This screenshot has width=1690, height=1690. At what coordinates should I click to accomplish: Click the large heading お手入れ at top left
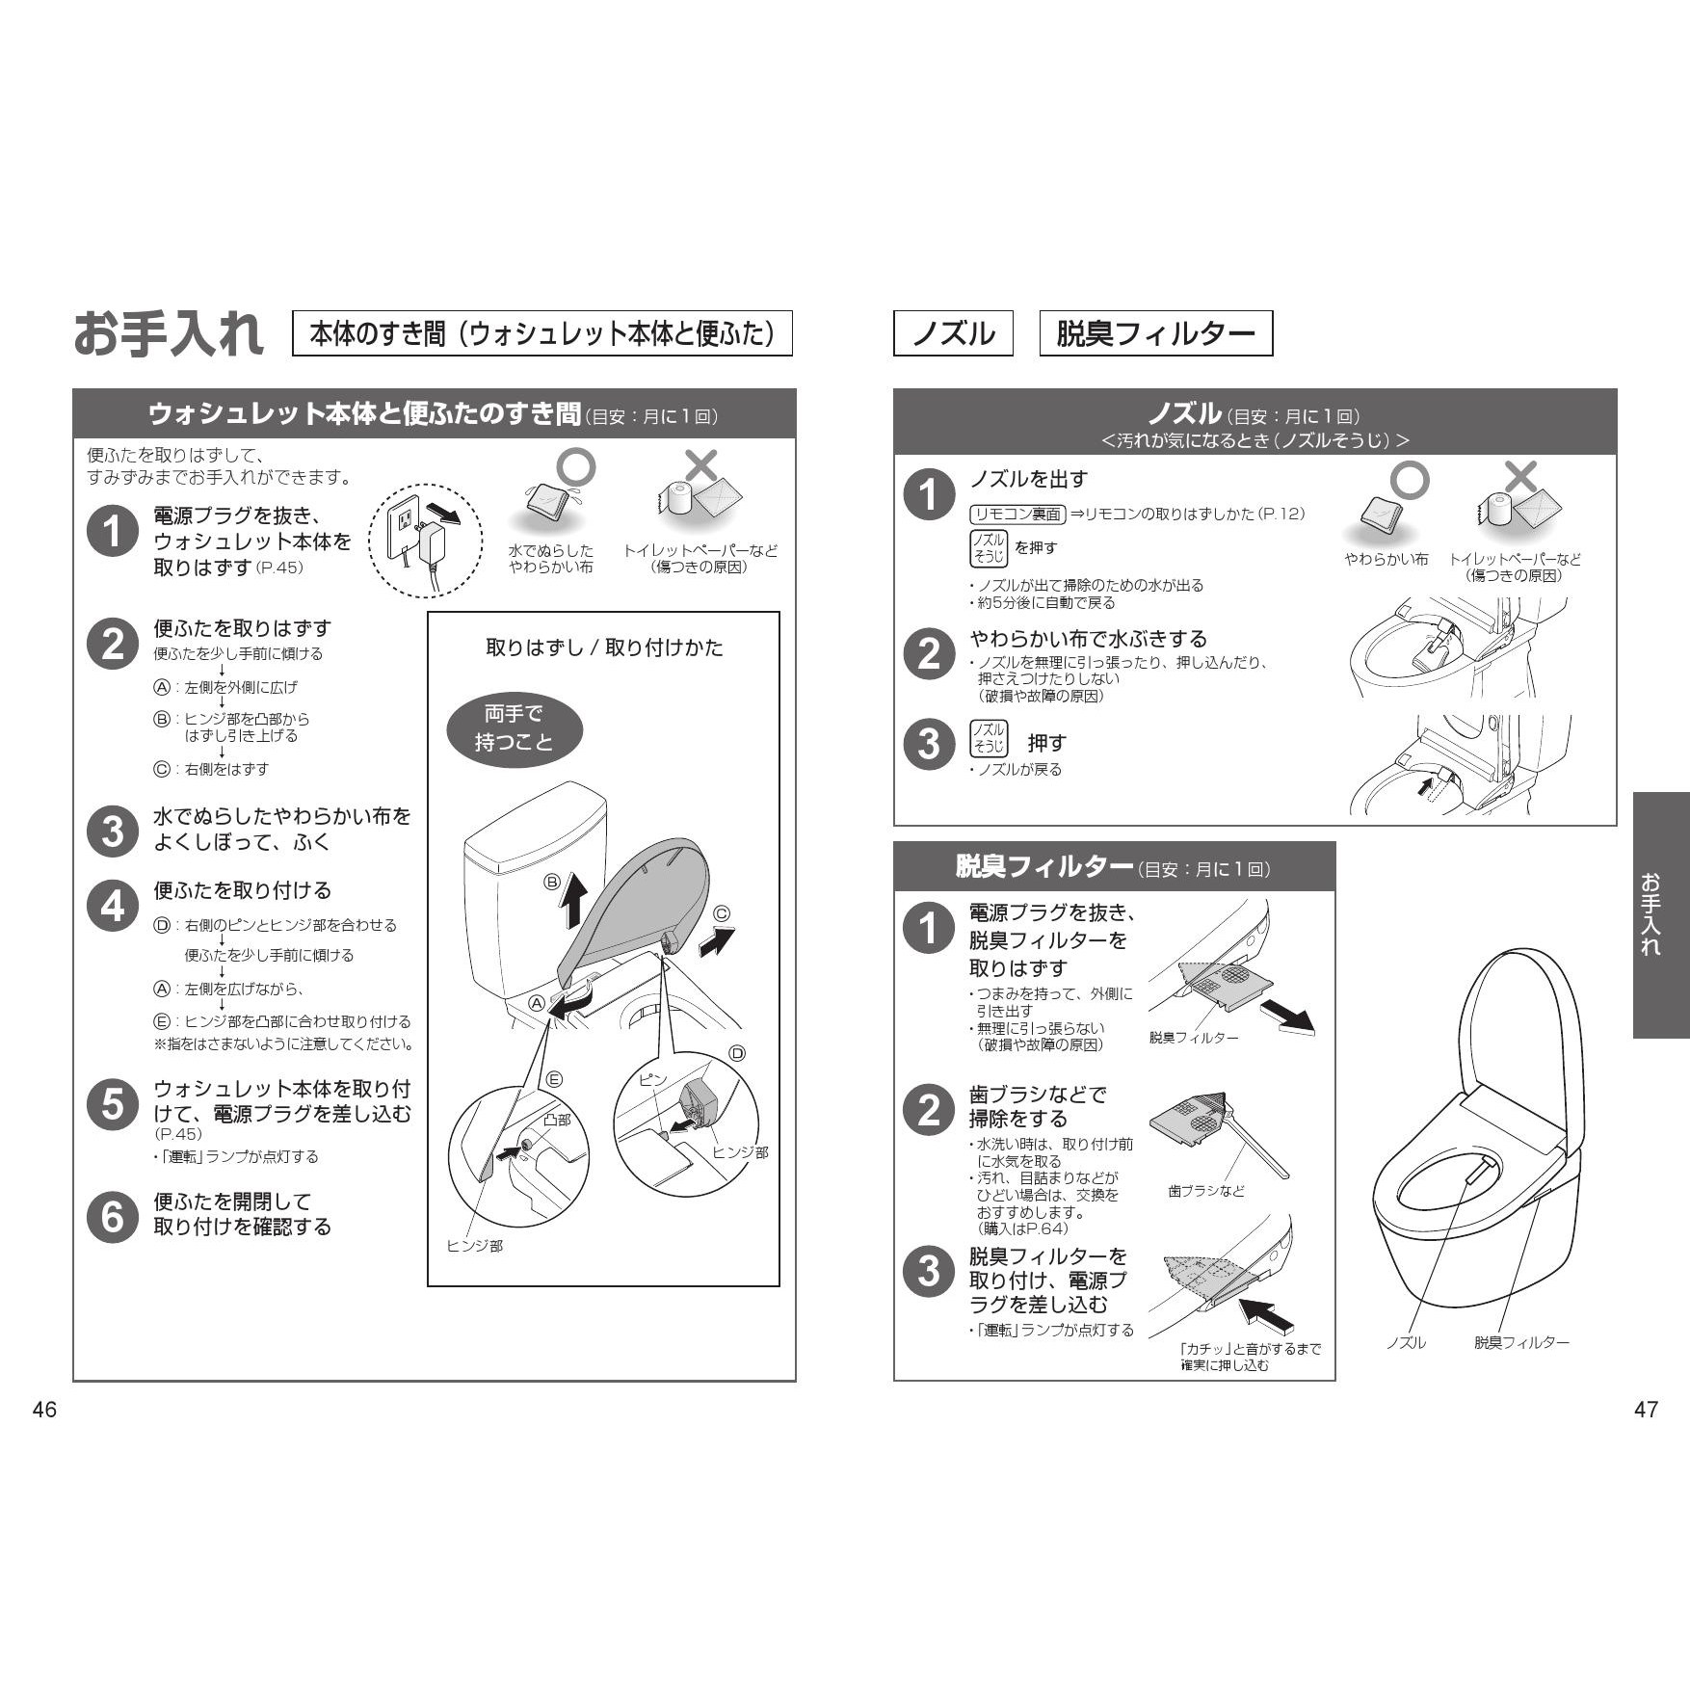(x=169, y=334)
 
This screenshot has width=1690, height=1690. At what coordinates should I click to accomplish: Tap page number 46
(x=44, y=1410)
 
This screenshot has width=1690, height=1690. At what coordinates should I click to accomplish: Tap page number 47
(x=1647, y=1410)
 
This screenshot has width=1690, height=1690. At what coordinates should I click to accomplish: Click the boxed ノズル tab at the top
(x=953, y=333)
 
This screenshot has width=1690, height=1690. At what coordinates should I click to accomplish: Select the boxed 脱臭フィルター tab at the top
(x=1156, y=333)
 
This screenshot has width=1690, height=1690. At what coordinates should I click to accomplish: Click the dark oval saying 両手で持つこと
(x=514, y=728)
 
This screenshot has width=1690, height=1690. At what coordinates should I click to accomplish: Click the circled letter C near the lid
(x=721, y=914)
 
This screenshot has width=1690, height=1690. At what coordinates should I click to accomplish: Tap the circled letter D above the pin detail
(x=737, y=1053)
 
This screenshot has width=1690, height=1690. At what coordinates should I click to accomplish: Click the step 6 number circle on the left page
(x=113, y=1216)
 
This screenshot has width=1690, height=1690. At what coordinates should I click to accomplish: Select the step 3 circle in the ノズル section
(x=929, y=744)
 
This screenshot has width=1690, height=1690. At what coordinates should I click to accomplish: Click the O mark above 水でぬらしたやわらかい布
(x=578, y=467)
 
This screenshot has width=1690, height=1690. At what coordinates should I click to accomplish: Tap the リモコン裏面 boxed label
(x=1017, y=515)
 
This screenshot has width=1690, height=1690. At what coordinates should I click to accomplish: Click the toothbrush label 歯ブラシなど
(x=1206, y=1192)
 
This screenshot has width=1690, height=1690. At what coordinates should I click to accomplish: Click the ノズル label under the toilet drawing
(x=1406, y=1342)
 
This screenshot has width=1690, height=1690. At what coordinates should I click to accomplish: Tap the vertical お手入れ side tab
(x=1660, y=914)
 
